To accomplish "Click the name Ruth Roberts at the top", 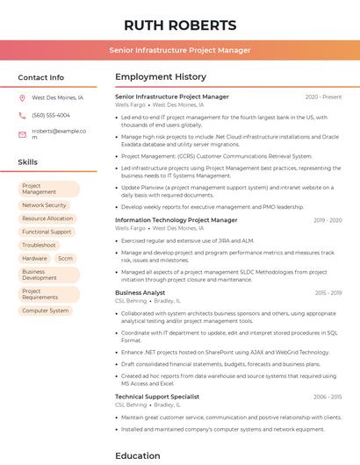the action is click(180, 25).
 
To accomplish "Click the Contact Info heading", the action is click(41, 77).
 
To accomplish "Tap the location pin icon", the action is click(22, 98).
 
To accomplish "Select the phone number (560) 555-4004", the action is click(51, 115).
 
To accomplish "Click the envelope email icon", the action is click(22, 134).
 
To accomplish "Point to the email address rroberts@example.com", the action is click(58, 134).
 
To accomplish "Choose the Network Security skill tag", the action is click(44, 205).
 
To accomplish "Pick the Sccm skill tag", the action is click(66, 259).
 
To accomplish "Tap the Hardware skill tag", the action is click(34, 259).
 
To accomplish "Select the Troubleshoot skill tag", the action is click(40, 245).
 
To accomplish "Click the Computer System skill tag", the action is click(46, 311).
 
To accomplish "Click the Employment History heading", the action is click(161, 77).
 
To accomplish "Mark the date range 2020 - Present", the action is click(323, 97).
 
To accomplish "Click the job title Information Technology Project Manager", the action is click(176, 220).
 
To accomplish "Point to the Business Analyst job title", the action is click(140, 292).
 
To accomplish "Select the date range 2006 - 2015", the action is click(327, 397).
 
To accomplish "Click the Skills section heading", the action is click(28, 162).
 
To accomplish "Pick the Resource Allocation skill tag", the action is click(47, 218).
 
